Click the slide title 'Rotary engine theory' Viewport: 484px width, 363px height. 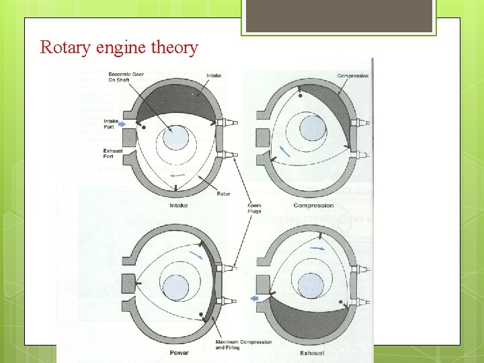pyautogui.click(x=119, y=48)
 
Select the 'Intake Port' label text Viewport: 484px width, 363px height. pyautogui.click(x=112, y=124)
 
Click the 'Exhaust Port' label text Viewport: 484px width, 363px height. pyautogui.click(x=113, y=153)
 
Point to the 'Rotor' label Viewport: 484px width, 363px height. pyautogui.click(x=223, y=194)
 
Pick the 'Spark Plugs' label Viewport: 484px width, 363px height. pyautogui.click(x=254, y=208)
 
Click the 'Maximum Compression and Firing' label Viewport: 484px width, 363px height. pyautogui.click(x=243, y=344)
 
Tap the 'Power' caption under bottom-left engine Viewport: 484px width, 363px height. pyautogui.click(x=179, y=352)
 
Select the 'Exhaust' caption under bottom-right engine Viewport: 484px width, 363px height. pyautogui.click(x=312, y=352)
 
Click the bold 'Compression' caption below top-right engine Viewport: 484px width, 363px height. pyautogui.click(x=313, y=205)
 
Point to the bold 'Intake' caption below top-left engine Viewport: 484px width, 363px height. pyautogui.click(x=179, y=205)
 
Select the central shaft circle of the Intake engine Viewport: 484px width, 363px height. pyautogui.click(x=176, y=138)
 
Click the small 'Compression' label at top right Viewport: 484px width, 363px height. pyautogui.click(x=352, y=76)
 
